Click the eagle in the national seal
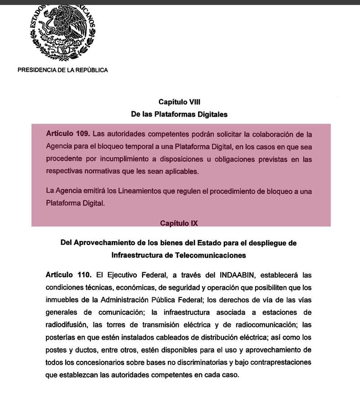[x=63, y=27]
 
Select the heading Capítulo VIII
[x=179, y=102]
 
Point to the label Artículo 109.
[x=68, y=134]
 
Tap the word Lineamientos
[x=140, y=191]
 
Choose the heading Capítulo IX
[x=179, y=223]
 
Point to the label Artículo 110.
[x=68, y=274]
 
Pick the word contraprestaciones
[x=277, y=362]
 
